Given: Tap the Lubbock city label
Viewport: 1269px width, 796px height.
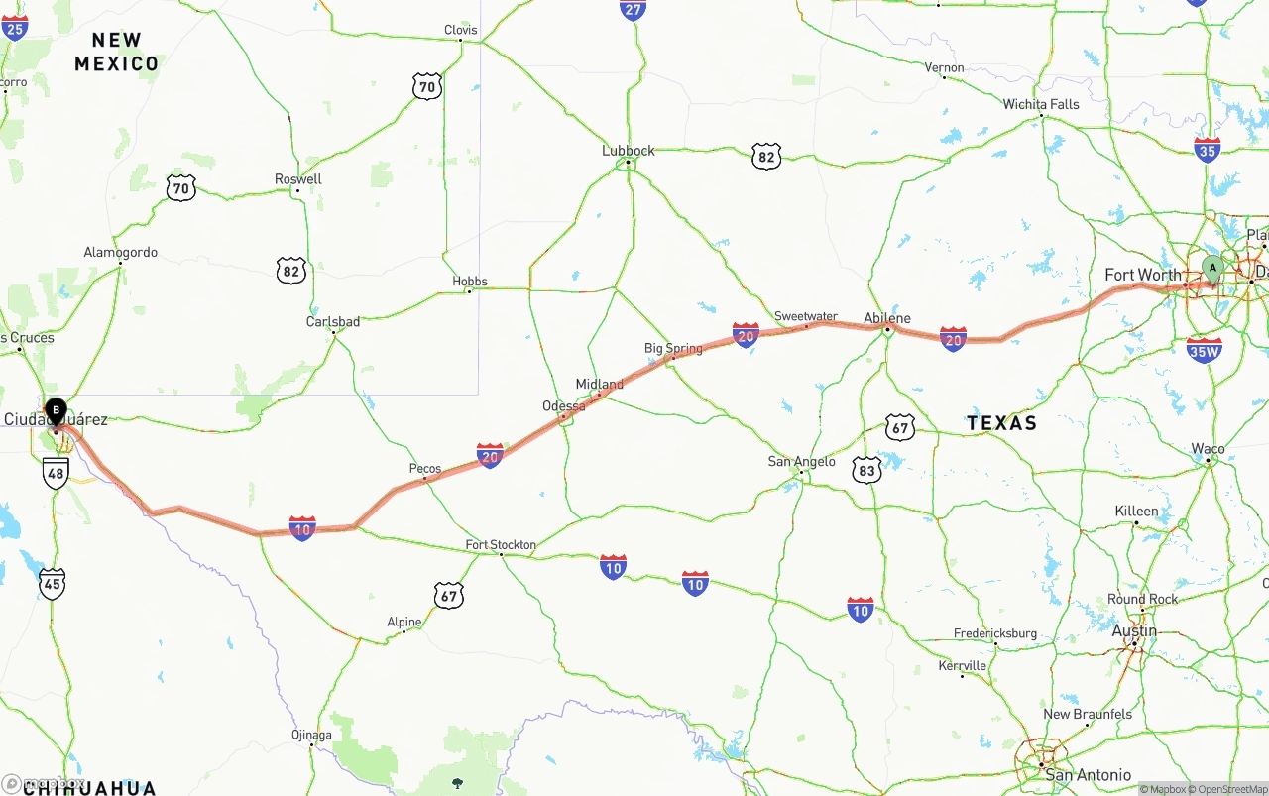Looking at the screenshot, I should click(629, 151).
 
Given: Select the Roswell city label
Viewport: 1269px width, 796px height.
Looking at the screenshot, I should click(298, 179).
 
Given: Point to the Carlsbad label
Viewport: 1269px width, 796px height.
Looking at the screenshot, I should click(333, 322).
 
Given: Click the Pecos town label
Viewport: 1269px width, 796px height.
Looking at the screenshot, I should click(425, 469).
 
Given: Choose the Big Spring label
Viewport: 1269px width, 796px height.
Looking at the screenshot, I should click(673, 348).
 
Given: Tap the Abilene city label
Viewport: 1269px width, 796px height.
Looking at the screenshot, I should click(887, 318).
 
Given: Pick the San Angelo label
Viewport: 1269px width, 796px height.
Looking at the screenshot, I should click(802, 461).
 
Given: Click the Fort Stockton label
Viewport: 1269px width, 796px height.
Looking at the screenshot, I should click(501, 545).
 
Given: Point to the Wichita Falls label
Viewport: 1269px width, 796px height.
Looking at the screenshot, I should click(1041, 104).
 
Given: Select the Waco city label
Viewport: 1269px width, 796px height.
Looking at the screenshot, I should click(1208, 449).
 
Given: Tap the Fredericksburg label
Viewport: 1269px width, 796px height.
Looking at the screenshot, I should click(995, 633).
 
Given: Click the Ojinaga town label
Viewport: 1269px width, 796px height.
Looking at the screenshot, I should click(311, 735).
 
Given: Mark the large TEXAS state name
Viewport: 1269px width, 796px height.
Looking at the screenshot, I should click(1001, 423).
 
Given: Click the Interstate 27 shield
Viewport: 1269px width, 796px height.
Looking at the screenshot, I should click(634, 9).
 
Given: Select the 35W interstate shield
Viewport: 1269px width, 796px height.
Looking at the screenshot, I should click(1204, 349).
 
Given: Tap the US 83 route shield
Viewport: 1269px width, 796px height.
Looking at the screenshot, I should click(867, 470).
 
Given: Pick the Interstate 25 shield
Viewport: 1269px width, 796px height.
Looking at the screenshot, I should click(15, 27).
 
